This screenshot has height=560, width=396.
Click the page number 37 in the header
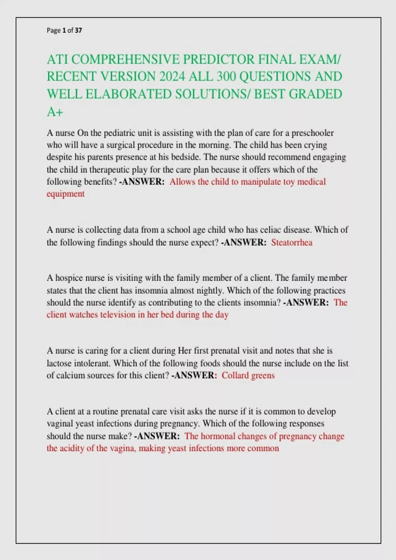point(78,31)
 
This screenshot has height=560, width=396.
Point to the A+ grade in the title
point(55,112)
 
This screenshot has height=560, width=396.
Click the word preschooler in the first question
point(313,133)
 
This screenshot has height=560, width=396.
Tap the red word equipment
point(65,194)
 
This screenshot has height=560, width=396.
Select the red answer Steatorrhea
point(292,243)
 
